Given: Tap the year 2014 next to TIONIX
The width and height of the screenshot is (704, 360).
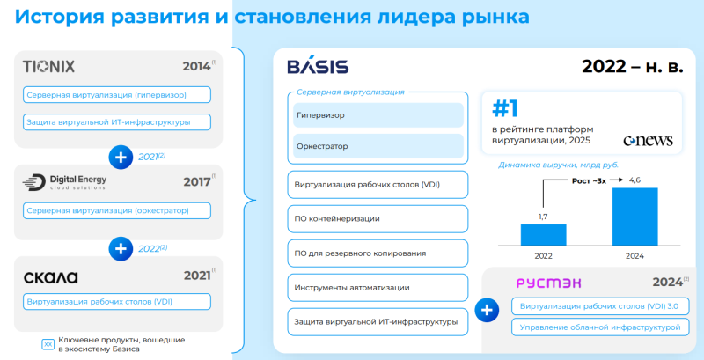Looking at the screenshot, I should click(x=196, y=66).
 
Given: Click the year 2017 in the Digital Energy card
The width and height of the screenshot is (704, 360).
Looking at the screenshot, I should click(x=196, y=182).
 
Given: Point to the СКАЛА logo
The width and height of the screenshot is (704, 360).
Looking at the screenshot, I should click(x=52, y=276).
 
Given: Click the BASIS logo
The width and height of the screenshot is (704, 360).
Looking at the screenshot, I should click(x=318, y=67).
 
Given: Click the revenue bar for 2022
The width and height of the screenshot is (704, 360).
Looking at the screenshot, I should click(x=542, y=235).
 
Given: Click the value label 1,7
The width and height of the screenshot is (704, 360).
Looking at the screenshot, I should click(x=542, y=216).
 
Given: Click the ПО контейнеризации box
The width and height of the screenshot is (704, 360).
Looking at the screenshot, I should click(x=378, y=219).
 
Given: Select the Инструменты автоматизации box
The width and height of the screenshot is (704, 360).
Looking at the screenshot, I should click(x=378, y=288).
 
